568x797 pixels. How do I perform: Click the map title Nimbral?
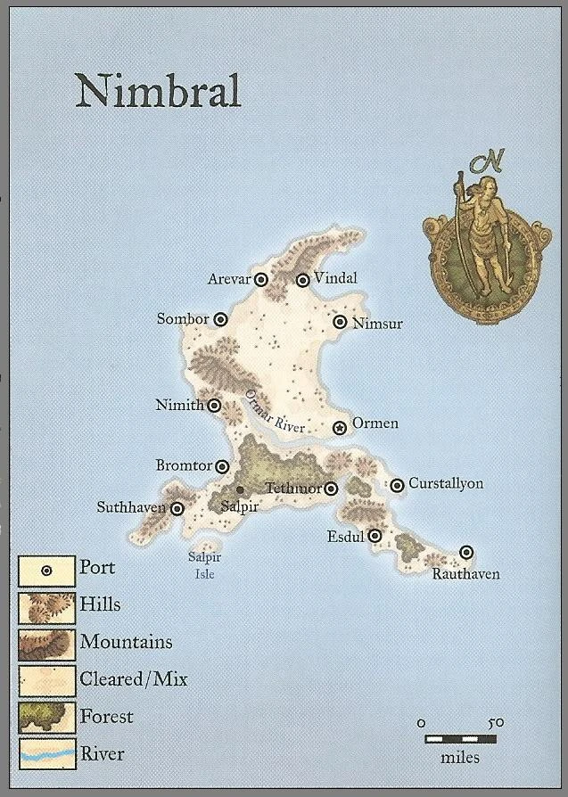(158, 91)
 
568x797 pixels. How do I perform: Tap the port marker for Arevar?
(261, 279)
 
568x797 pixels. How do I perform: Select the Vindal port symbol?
(303, 280)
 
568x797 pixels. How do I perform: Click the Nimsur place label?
(377, 324)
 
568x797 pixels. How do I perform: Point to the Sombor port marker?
(220, 319)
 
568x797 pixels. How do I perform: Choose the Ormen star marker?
(340, 428)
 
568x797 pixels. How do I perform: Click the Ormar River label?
(276, 412)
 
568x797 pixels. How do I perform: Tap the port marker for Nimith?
(215, 406)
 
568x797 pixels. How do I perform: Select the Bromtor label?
(184, 465)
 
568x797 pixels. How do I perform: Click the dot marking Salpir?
(240, 489)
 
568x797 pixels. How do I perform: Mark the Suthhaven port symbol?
(177, 509)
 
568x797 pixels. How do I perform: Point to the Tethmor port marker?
(331, 489)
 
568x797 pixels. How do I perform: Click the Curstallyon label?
(446, 484)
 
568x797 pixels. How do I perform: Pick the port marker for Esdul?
(375, 536)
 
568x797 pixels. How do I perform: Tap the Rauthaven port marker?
(466, 553)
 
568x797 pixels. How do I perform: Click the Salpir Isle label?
(204, 565)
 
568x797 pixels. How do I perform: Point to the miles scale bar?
(459, 739)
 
